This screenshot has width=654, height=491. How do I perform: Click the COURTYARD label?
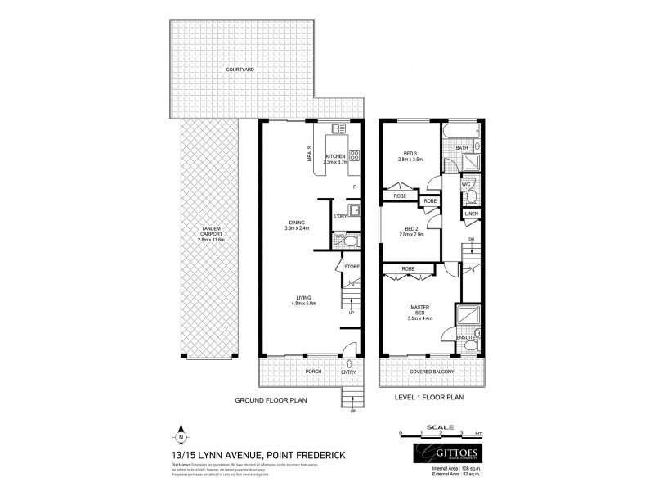pos(240,70)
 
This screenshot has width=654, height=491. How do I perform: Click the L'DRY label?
pos(341,216)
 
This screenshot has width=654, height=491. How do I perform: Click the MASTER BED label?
pos(419,311)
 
